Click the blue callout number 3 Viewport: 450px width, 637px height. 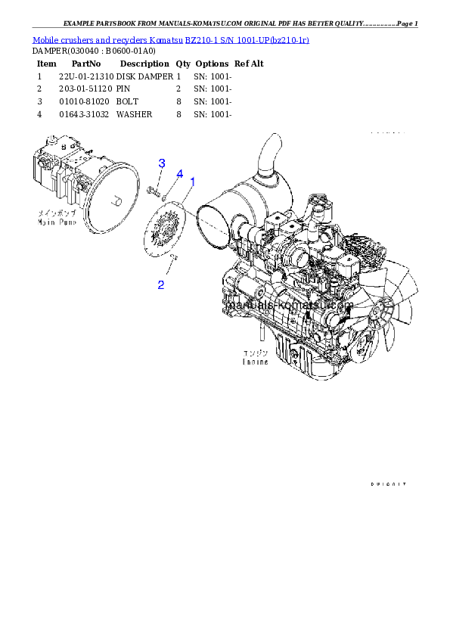[161, 163]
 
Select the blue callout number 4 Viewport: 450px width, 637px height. [179, 174]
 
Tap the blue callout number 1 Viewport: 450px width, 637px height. [193, 182]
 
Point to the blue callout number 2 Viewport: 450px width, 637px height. [161, 284]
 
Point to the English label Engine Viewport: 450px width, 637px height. [255, 362]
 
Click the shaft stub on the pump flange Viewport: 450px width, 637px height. [116, 202]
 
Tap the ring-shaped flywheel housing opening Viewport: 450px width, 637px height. [216, 223]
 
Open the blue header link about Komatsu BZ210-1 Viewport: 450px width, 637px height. [170, 39]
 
